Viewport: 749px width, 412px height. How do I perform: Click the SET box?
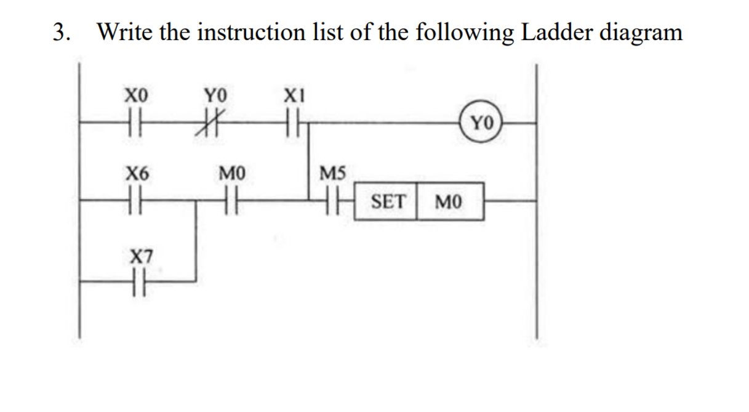tap(388, 201)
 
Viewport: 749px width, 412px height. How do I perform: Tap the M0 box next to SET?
tap(449, 201)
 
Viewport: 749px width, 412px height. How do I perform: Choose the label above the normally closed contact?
tap(216, 96)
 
